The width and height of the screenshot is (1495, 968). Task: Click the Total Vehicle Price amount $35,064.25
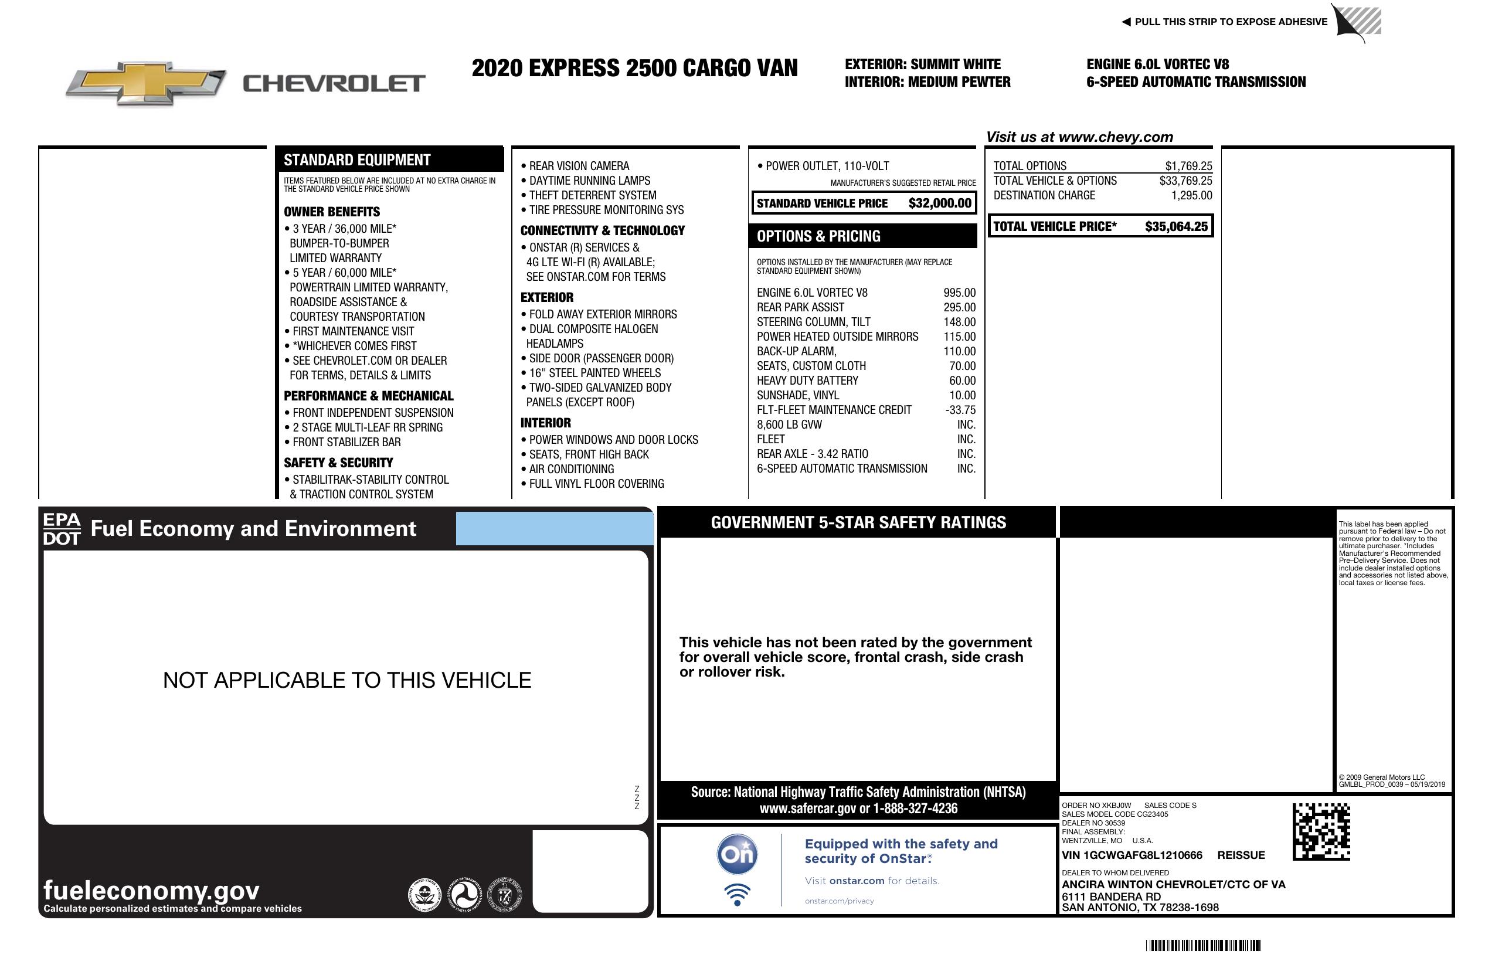pos(1175,227)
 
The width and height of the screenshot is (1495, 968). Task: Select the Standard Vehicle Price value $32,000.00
pos(939,203)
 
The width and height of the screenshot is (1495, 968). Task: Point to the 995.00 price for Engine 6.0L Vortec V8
pos(959,293)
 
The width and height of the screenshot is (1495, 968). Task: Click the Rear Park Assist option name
pos(800,307)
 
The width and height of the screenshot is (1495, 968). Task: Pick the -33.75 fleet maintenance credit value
pos(960,410)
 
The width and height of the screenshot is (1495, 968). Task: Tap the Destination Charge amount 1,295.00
pos(1191,195)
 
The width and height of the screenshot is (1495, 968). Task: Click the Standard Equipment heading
pos(357,160)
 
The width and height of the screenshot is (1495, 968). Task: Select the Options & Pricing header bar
pos(862,236)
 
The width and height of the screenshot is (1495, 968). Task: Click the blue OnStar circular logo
pos(737,854)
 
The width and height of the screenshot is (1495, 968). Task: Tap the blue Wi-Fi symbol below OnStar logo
pos(737,895)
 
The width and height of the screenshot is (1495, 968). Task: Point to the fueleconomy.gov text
pos(151,890)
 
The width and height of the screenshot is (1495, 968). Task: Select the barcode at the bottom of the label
pos(1202,945)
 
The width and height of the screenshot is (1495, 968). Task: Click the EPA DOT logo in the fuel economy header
pos(62,528)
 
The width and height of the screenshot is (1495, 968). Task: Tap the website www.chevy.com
pos(1115,137)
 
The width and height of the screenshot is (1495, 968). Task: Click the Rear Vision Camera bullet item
pos(579,166)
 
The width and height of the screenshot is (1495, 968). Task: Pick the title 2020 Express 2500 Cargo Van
pos(634,68)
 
